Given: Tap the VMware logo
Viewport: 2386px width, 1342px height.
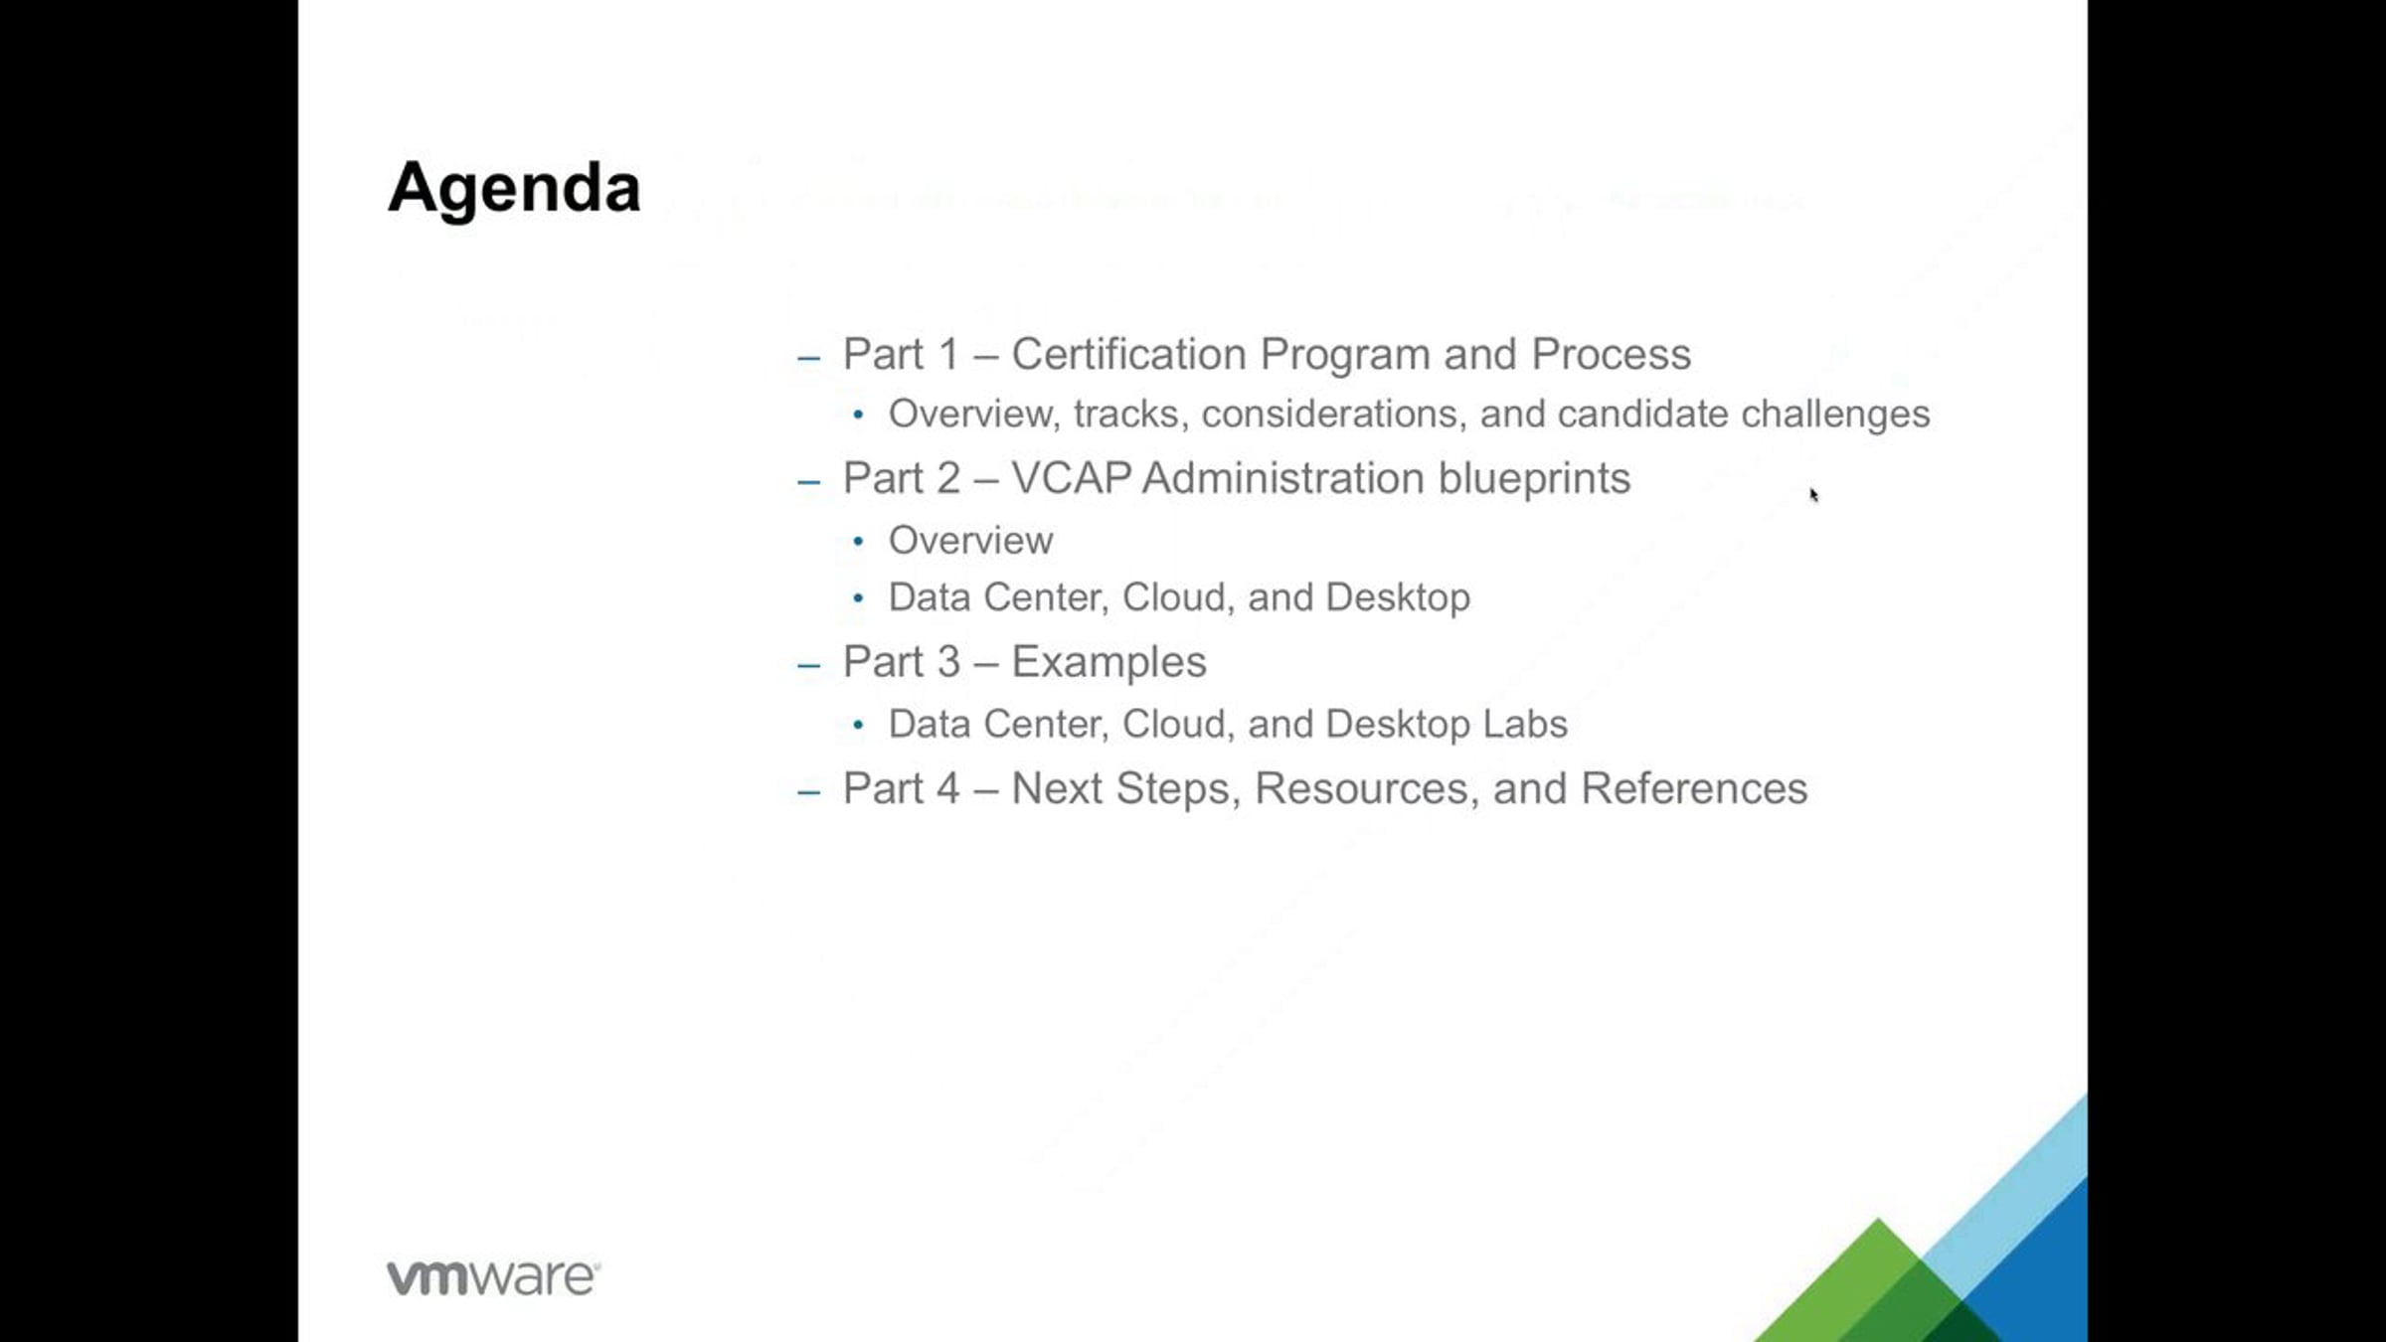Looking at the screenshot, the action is pyautogui.click(x=493, y=1277).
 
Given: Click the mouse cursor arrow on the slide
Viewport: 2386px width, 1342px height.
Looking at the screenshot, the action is pyautogui.click(x=1813, y=495).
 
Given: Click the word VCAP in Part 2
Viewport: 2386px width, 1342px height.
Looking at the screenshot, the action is pyautogui.click(x=1071, y=478).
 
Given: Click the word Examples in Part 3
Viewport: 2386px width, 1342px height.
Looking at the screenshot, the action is pyautogui.click(x=1108, y=663).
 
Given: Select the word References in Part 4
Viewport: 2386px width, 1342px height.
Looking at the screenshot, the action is pyautogui.click(x=1694, y=788).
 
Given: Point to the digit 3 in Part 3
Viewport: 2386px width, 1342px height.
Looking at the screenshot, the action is pyautogui.click(x=949, y=662).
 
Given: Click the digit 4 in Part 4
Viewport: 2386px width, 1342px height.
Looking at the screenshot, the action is pyautogui.click(x=948, y=788).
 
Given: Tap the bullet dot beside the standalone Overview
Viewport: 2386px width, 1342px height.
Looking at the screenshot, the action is pyautogui.click(x=858, y=542).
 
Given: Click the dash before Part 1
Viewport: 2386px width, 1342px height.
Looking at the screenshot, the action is pyautogui.click(x=809, y=357).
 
